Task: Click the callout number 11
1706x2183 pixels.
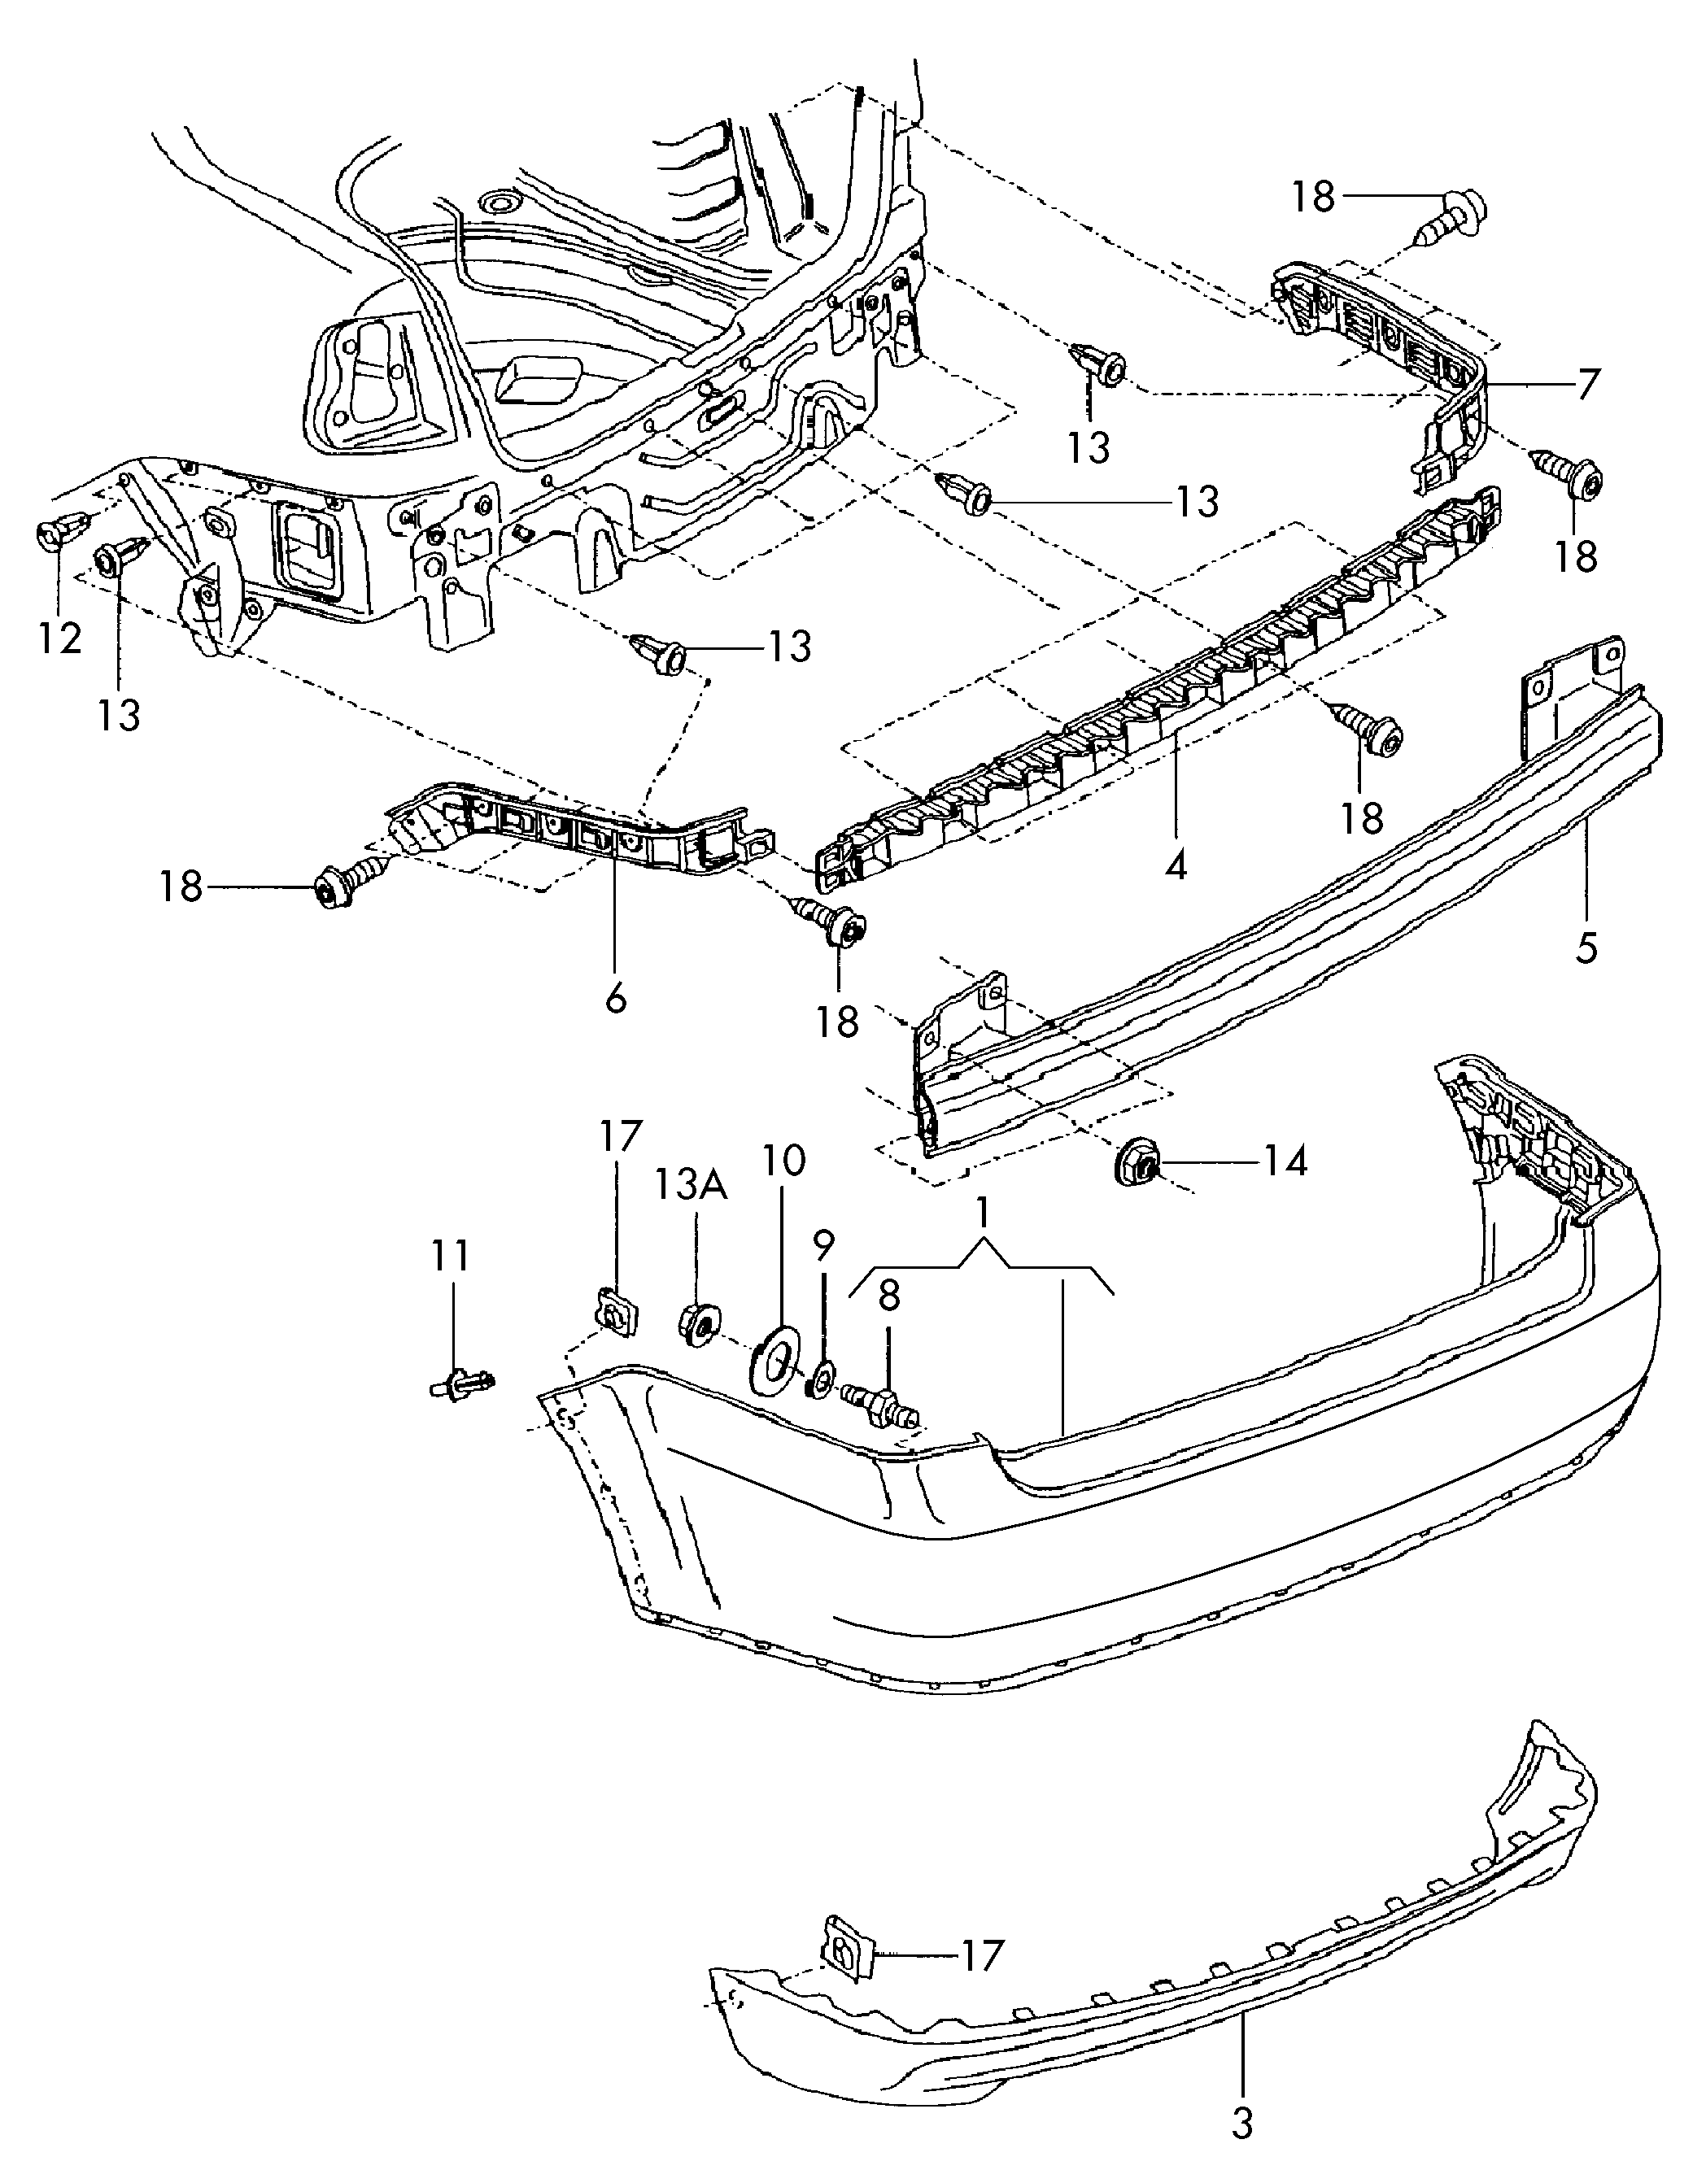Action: point(450,1257)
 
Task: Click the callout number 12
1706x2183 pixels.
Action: point(60,636)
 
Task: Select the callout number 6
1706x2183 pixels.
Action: point(616,996)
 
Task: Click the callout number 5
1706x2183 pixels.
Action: point(1587,947)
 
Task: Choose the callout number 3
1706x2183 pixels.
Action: point(1243,2146)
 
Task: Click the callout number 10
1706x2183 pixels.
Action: point(784,1160)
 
